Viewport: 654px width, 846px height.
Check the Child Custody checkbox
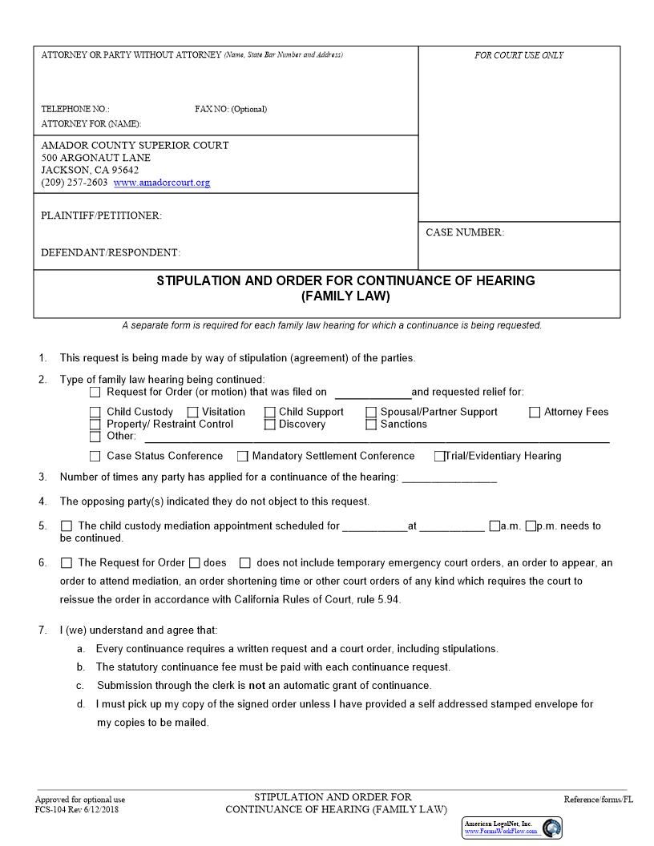(x=95, y=413)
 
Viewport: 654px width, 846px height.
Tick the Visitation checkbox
(x=192, y=413)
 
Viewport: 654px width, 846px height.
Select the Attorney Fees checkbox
(x=535, y=413)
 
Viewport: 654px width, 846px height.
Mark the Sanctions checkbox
(x=371, y=425)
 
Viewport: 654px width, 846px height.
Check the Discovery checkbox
(x=269, y=425)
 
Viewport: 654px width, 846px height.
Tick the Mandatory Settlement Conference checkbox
(x=242, y=457)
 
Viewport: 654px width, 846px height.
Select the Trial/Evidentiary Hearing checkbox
(x=439, y=457)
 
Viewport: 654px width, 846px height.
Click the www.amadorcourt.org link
(x=162, y=183)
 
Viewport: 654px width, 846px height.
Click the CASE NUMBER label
(x=465, y=232)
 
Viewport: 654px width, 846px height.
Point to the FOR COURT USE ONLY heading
(x=519, y=55)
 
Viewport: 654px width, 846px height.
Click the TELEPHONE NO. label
(x=75, y=109)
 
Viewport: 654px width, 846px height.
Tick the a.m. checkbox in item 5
(x=495, y=526)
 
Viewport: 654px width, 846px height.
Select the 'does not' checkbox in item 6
(x=245, y=563)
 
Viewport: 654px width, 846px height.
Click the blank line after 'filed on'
(x=372, y=393)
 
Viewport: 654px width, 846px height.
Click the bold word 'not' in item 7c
(x=256, y=686)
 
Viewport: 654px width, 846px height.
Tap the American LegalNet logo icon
(x=551, y=828)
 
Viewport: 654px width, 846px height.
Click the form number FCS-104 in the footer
(x=53, y=809)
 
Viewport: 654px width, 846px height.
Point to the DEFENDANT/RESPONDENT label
(x=111, y=253)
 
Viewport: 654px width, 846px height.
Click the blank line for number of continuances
(x=449, y=478)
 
